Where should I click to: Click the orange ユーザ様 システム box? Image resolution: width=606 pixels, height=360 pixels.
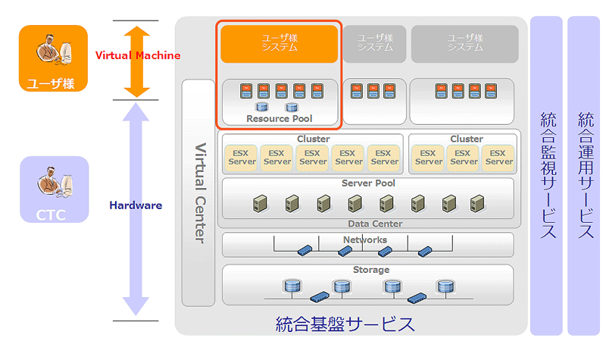[279, 43]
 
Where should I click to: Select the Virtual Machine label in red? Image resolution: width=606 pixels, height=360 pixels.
[137, 55]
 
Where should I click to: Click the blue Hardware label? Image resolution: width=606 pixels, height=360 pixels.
[136, 205]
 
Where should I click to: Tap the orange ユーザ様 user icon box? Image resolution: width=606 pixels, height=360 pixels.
[54, 58]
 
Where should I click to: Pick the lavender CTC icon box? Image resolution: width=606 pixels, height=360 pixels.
[54, 190]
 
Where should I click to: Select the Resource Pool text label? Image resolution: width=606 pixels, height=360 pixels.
[279, 119]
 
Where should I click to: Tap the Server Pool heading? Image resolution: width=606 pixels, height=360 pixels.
[368, 183]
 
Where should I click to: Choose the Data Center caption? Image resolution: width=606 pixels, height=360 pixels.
[375, 224]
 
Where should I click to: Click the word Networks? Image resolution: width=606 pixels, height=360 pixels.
[365, 239]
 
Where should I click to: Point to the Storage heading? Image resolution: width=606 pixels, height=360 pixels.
[370, 270]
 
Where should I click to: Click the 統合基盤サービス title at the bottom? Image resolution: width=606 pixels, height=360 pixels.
[345, 324]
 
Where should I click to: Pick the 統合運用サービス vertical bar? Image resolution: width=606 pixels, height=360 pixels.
[584, 175]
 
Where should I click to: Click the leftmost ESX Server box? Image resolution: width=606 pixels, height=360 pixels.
[241, 157]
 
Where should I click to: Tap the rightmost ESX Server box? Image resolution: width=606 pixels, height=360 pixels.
[499, 157]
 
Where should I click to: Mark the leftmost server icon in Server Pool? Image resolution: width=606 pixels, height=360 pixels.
[260, 202]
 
